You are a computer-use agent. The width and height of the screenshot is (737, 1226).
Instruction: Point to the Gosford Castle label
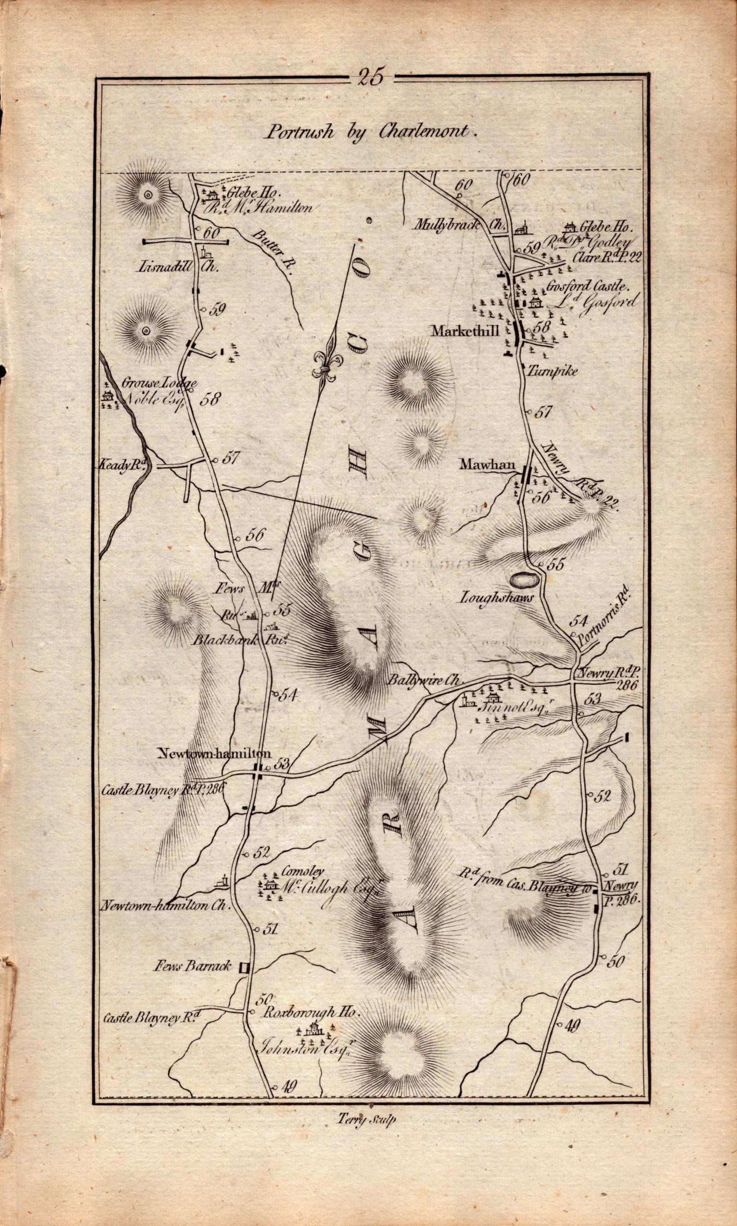586,287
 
